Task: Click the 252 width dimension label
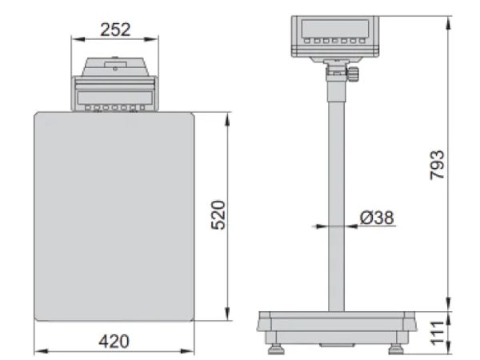115,30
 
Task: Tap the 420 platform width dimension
114,342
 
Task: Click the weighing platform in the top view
115,216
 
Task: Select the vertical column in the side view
335,200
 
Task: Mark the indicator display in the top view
115,94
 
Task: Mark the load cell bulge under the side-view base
336,344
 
